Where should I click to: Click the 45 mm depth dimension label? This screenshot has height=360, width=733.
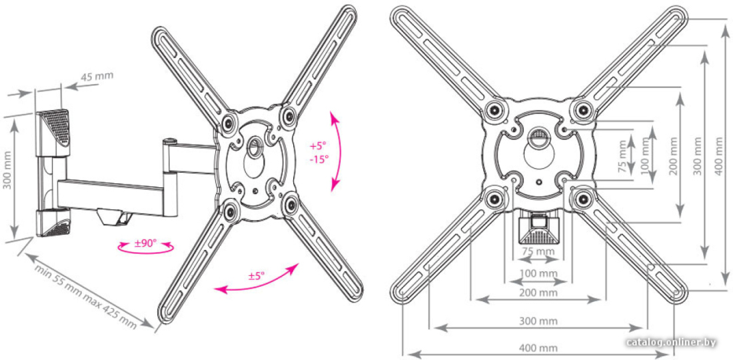point(97,76)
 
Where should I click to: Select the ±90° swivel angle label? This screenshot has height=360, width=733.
point(146,243)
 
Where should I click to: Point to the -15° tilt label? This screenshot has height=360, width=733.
point(319,159)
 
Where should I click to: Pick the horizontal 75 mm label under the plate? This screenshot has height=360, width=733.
point(538,251)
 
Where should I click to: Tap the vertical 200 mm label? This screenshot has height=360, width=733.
point(673,156)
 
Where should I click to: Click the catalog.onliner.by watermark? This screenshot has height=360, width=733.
point(671,342)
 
